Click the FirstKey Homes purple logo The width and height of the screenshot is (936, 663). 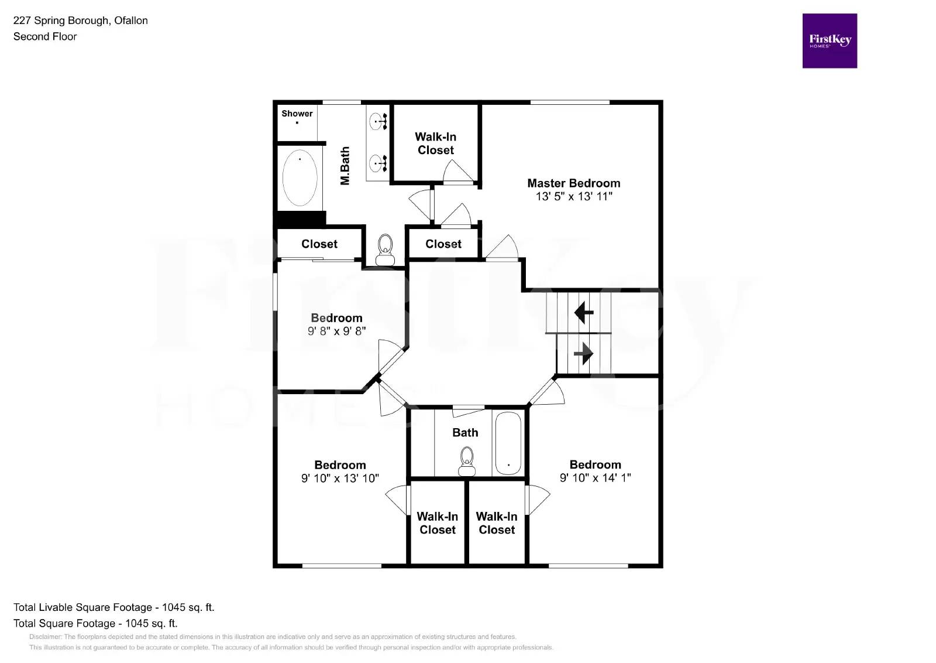click(x=829, y=41)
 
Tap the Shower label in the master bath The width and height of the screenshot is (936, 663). click(x=297, y=114)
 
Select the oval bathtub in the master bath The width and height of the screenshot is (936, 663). click(x=300, y=178)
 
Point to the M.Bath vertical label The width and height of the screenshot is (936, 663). click(x=345, y=166)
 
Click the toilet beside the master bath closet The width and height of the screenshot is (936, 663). click(x=384, y=250)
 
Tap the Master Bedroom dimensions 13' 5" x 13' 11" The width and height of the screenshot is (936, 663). click(x=573, y=197)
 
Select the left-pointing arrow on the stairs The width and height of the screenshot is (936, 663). click(x=583, y=312)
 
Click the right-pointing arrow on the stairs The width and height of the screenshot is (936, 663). click(x=583, y=353)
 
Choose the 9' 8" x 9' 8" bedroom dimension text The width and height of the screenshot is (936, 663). click(x=336, y=331)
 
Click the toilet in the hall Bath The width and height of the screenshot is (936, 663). click(x=466, y=462)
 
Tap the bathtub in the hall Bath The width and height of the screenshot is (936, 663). click(x=508, y=443)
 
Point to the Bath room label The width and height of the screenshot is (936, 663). click(x=465, y=433)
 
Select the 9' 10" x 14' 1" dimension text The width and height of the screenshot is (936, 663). click(x=595, y=478)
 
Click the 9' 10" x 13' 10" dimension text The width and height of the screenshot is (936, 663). click(x=340, y=479)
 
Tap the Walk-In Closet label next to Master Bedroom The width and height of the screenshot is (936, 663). click(x=435, y=143)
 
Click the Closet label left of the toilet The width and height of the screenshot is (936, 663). click(x=319, y=244)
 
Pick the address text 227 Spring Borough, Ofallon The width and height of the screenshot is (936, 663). click(x=80, y=20)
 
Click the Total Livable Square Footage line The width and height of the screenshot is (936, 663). click(x=114, y=607)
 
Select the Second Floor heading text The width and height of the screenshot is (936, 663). click(x=45, y=36)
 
